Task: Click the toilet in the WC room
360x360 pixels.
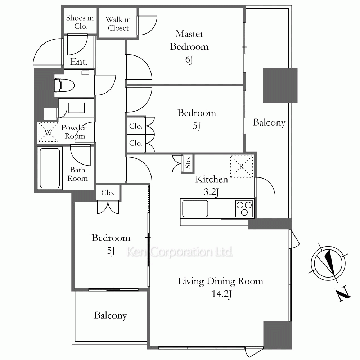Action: point(64,85)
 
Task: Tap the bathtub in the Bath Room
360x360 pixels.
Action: point(50,168)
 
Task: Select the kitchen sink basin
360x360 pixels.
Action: point(195,208)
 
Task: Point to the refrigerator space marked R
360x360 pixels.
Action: point(242,166)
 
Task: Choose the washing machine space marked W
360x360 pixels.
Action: point(48,132)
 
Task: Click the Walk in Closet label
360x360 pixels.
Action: point(118,24)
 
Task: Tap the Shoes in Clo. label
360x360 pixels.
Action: point(80,22)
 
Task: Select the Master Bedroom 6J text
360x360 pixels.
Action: point(189,46)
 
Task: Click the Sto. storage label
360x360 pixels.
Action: point(188,163)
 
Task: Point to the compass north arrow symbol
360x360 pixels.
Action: point(328,263)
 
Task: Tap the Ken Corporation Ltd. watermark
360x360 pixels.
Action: point(180,252)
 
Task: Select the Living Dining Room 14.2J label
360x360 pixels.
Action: point(221,287)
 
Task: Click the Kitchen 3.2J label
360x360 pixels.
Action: point(211,185)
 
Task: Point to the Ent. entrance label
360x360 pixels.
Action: point(79,62)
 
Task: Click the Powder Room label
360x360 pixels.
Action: point(74,131)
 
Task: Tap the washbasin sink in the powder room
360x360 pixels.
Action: point(76,108)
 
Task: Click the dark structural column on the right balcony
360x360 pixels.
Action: point(280,85)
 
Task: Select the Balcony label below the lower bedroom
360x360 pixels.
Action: point(111,316)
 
